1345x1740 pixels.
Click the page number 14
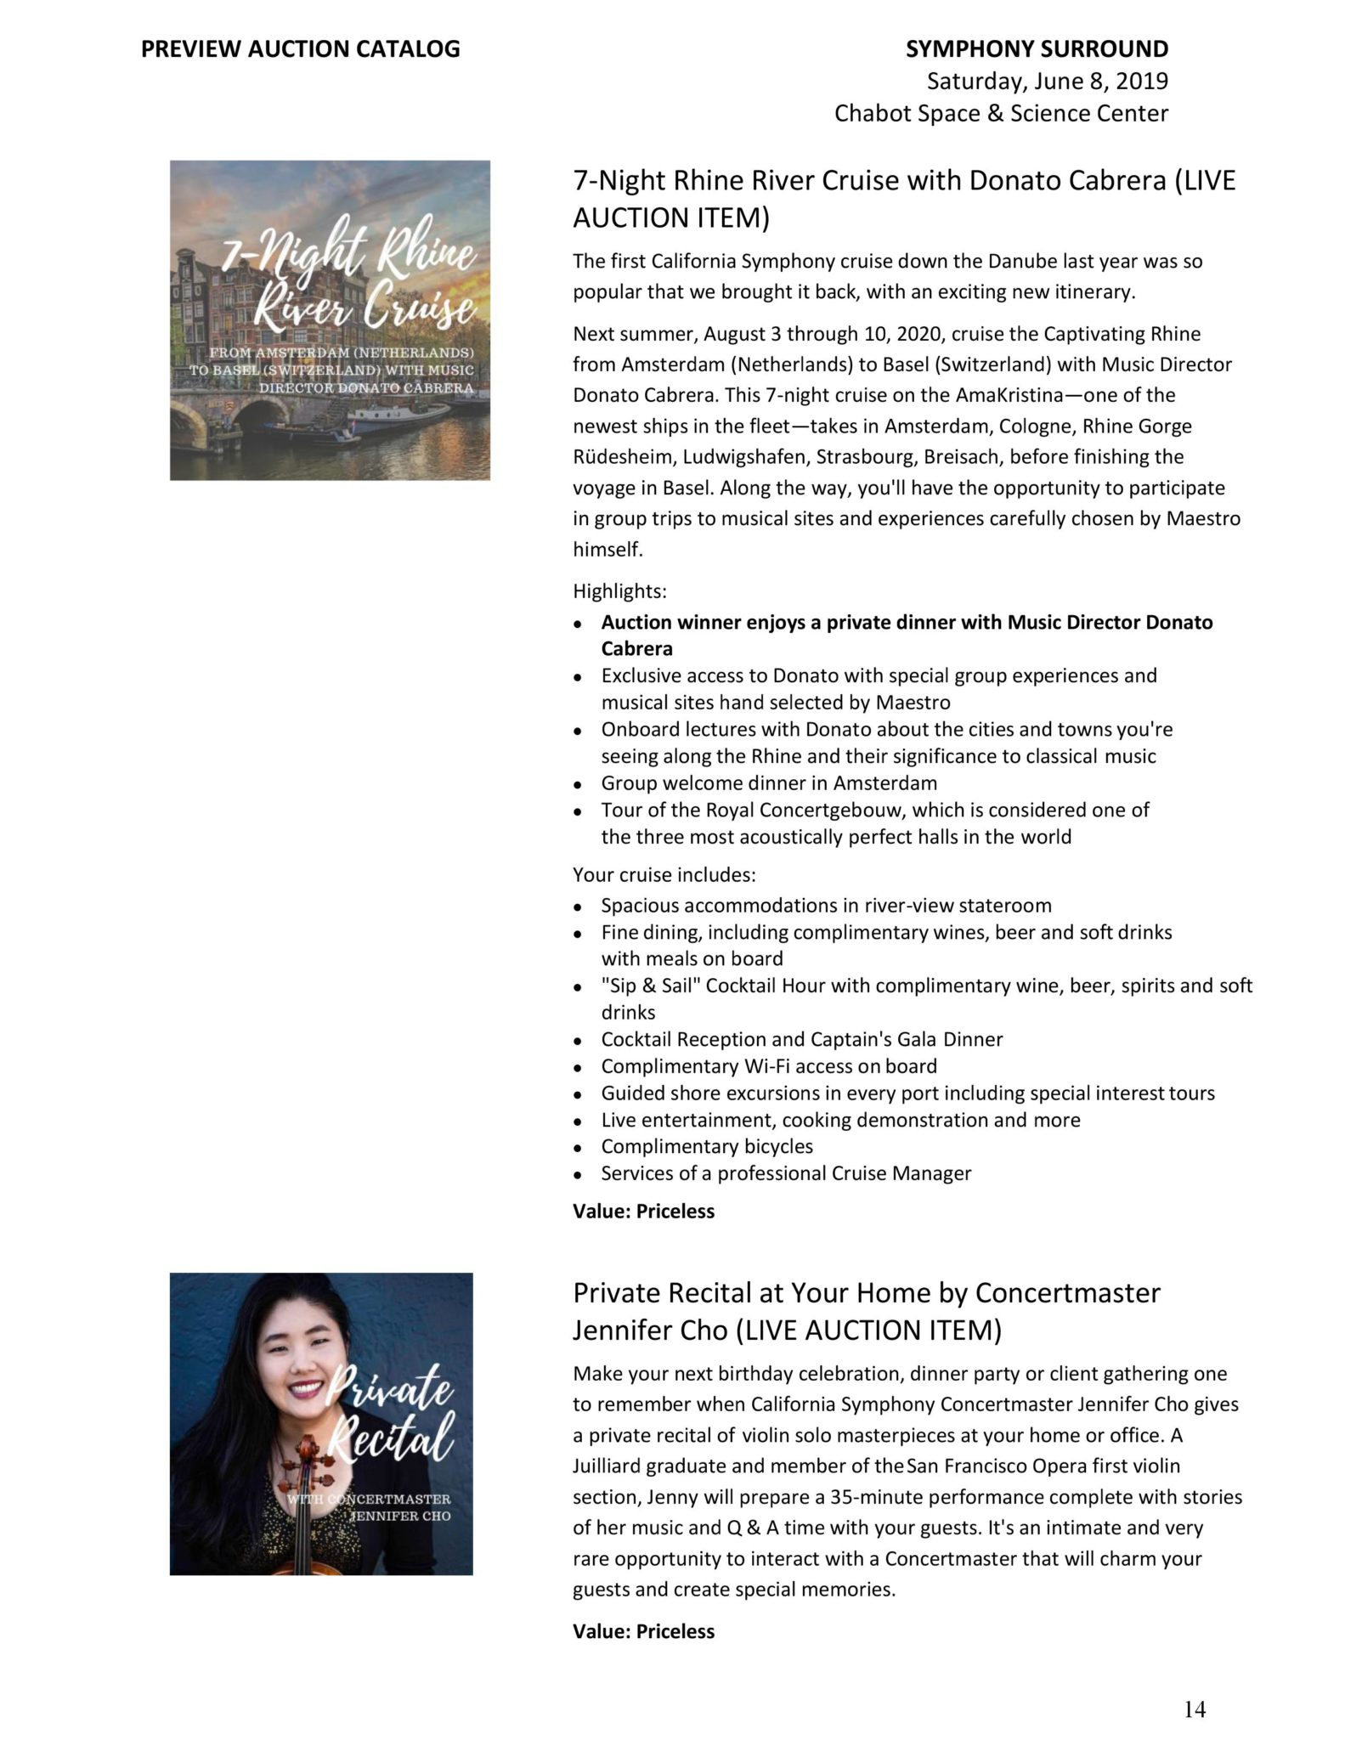1194,1709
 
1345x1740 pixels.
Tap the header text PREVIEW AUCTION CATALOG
300,49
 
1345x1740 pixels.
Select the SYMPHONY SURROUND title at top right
1037,49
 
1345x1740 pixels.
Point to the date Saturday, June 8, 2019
1047,82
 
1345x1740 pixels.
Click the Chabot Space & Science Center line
1001,113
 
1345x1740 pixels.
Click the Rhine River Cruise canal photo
330,320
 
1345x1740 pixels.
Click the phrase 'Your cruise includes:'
664,874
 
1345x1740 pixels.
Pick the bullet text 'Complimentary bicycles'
707,1146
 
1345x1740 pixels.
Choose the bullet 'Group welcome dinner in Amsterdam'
769,782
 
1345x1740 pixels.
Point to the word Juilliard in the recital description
607,1466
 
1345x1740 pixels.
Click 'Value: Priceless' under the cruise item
643,1212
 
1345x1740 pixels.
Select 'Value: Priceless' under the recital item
643,1631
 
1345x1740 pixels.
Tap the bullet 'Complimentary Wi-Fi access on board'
769,1066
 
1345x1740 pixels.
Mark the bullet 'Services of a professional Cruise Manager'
786,1173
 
